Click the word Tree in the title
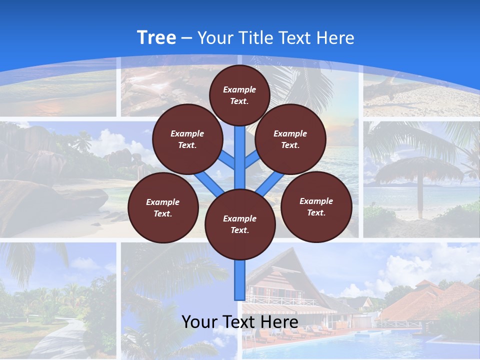(x=156, y=38)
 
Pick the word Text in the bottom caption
(x=240, y=321)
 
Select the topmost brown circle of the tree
(x=239, y=95)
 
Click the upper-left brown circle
(x=187, y=139)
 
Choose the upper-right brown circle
(x=290, y=139)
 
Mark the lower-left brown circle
(x=163, y=208)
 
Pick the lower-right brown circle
(x=316, y=207)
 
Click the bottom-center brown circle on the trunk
(x=240, y=224)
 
